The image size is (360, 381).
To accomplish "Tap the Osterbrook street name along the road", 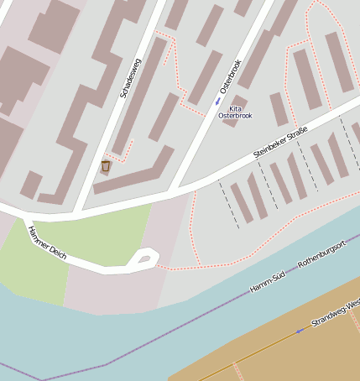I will point(229,76).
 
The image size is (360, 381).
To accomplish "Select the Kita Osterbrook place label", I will point(235,112).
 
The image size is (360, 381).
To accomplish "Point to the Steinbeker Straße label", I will point(281,142).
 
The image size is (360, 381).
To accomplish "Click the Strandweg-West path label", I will point(335,311).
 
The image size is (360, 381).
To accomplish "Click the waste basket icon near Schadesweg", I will point(106,166).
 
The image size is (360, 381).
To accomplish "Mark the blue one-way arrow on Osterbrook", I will point(218,102).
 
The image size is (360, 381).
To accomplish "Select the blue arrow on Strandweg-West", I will point(299,331).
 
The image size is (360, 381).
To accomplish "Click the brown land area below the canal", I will point(277,352).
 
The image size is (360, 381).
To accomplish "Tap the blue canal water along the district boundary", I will point(126,336).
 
